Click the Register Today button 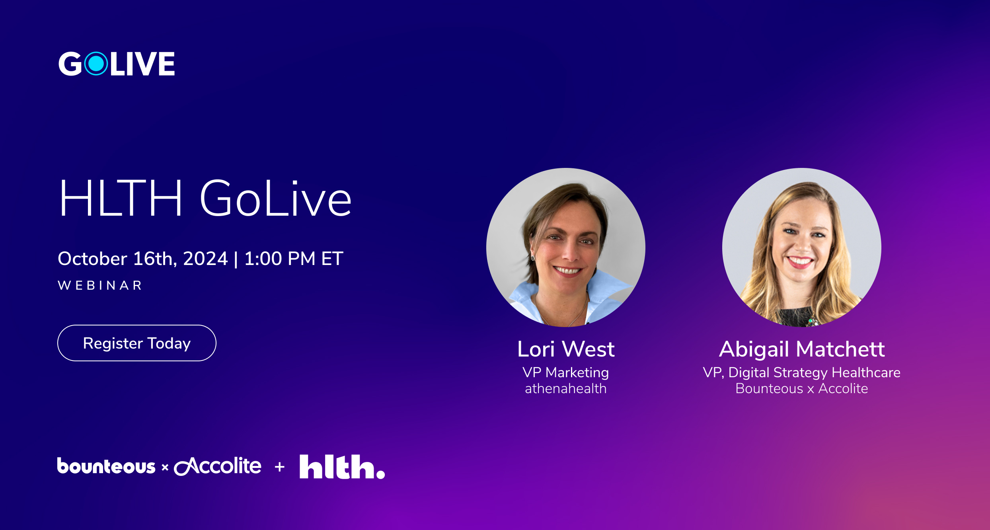[x=137, y=343]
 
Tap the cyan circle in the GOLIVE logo [x=96, y=64]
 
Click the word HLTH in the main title [x=121, y=198]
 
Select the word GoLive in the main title [x=275, y=198]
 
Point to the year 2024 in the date [x=205, y=259]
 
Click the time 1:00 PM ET [x=294, y=259]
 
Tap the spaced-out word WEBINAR [x=100, y=285]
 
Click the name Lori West [x=566, y=349]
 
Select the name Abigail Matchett [x=802, y=349]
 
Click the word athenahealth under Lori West [x=566, y=388]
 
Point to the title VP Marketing [x=566, y=372]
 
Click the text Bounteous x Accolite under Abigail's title [x=802, y=388]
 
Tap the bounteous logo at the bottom [x=106, y=466]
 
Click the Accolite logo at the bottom [x=218, y=466]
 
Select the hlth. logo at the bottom [x=342, y=467]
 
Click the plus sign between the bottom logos [x=280, y=467]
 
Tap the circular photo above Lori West [x=566, y=247]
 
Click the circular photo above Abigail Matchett [x=802, y=247]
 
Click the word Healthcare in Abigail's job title [x=866, y=372]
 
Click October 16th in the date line [x=117, y=259]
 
